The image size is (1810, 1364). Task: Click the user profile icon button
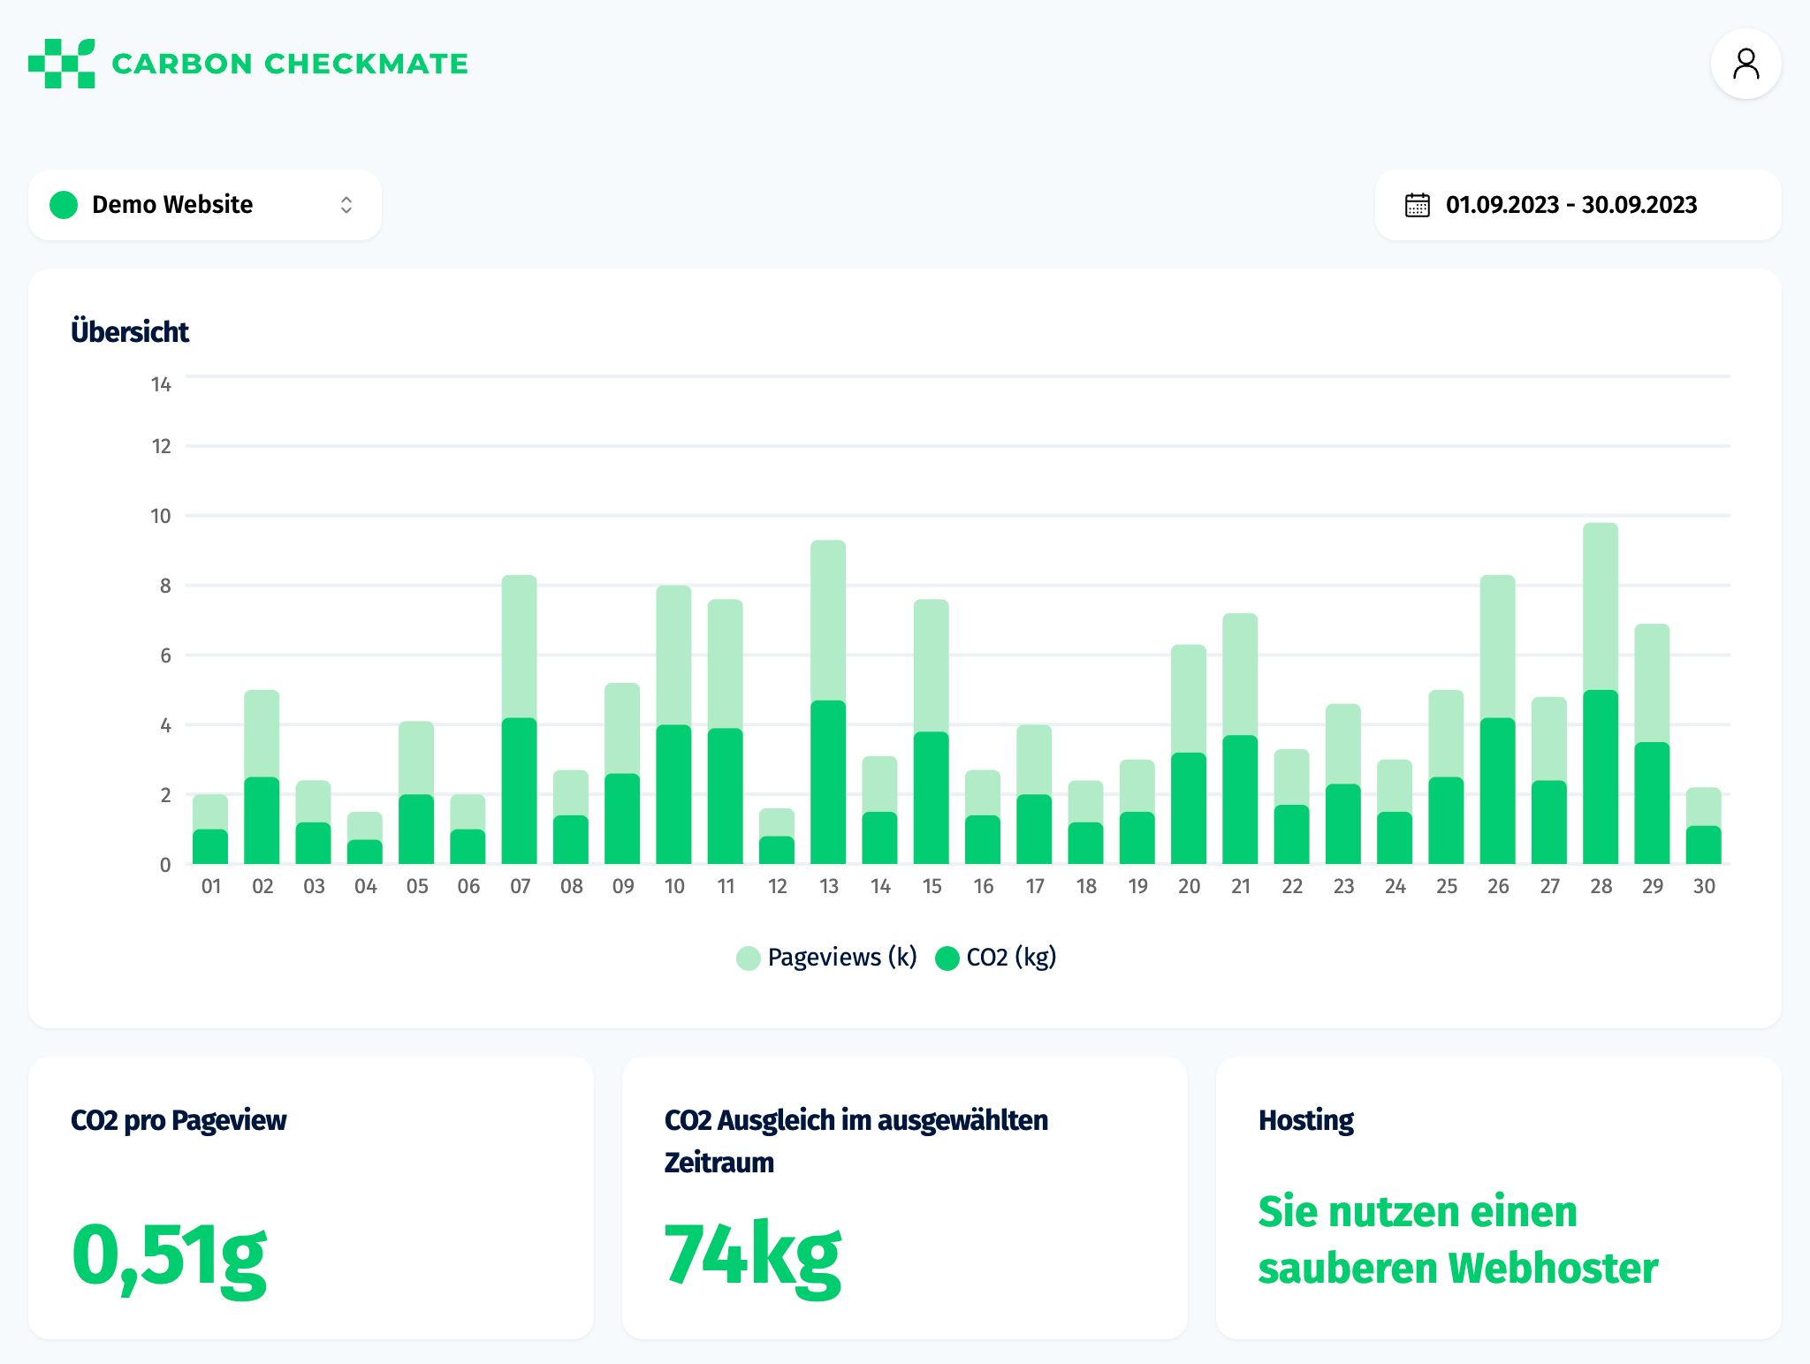click(1745, 64)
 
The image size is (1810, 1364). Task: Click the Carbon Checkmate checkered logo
click(61, 64)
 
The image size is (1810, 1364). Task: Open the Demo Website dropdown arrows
click(346, 205)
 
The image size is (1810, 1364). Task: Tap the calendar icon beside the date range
click(1417, 205)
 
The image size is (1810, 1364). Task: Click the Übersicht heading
click(130, 332)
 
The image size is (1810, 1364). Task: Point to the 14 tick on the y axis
click(161, 384)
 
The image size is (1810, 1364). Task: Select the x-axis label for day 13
click(828, 886)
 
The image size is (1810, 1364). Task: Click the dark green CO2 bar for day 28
click(1600, 777)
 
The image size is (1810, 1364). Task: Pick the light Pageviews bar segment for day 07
click(519, 647)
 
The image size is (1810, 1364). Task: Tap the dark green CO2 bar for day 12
click(776, 850)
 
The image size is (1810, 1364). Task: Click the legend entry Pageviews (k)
click(827, 958)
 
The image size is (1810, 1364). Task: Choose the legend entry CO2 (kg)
click(997, 958)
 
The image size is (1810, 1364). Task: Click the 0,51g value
click(168, 1254)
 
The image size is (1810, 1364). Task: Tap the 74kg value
click(752, 1254)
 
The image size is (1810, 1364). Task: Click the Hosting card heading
click(1305, 1120)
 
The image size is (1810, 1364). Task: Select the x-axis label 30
click(1703, 886)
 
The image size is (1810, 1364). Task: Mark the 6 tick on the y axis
click(165, 655)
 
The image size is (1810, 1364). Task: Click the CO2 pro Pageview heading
click(179, 1120)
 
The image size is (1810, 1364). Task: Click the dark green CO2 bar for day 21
click(1239, 799)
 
